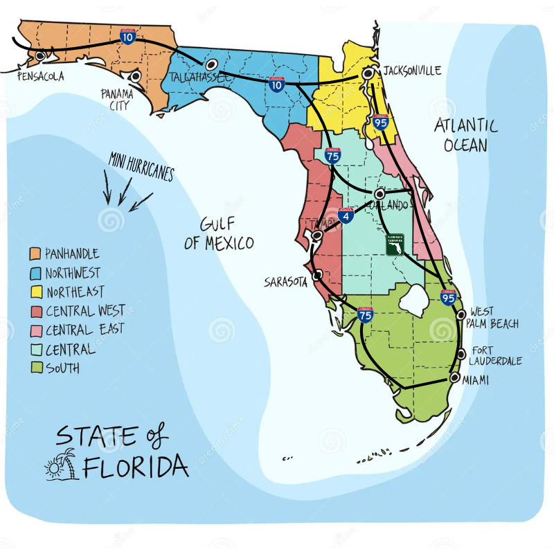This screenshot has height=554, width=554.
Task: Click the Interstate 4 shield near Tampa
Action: tap(346, 215)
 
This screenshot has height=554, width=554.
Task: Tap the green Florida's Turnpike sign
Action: tap(395, 244)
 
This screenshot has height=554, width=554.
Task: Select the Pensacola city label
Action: tap(40, 76)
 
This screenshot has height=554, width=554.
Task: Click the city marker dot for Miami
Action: tap(454, 377)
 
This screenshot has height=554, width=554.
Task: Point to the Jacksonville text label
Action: tap(412, 71)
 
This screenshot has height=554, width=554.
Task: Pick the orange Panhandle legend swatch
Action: tap(35, 254)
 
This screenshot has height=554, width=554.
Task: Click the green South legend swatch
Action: tap(35, 368)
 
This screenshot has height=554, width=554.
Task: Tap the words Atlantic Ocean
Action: tap(465, 135)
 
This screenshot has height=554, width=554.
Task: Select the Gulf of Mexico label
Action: tap(219, 233)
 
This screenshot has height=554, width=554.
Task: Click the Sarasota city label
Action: tap(285, 282)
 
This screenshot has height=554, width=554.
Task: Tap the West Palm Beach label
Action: tap(494, 318)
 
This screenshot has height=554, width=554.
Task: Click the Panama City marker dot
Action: tap(136, 75)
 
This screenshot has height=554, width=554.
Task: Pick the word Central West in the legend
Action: tap(85, 311)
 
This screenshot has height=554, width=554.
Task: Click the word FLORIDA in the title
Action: tap(136, 467)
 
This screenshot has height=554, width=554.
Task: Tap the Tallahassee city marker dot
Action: tap(211, 65)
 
